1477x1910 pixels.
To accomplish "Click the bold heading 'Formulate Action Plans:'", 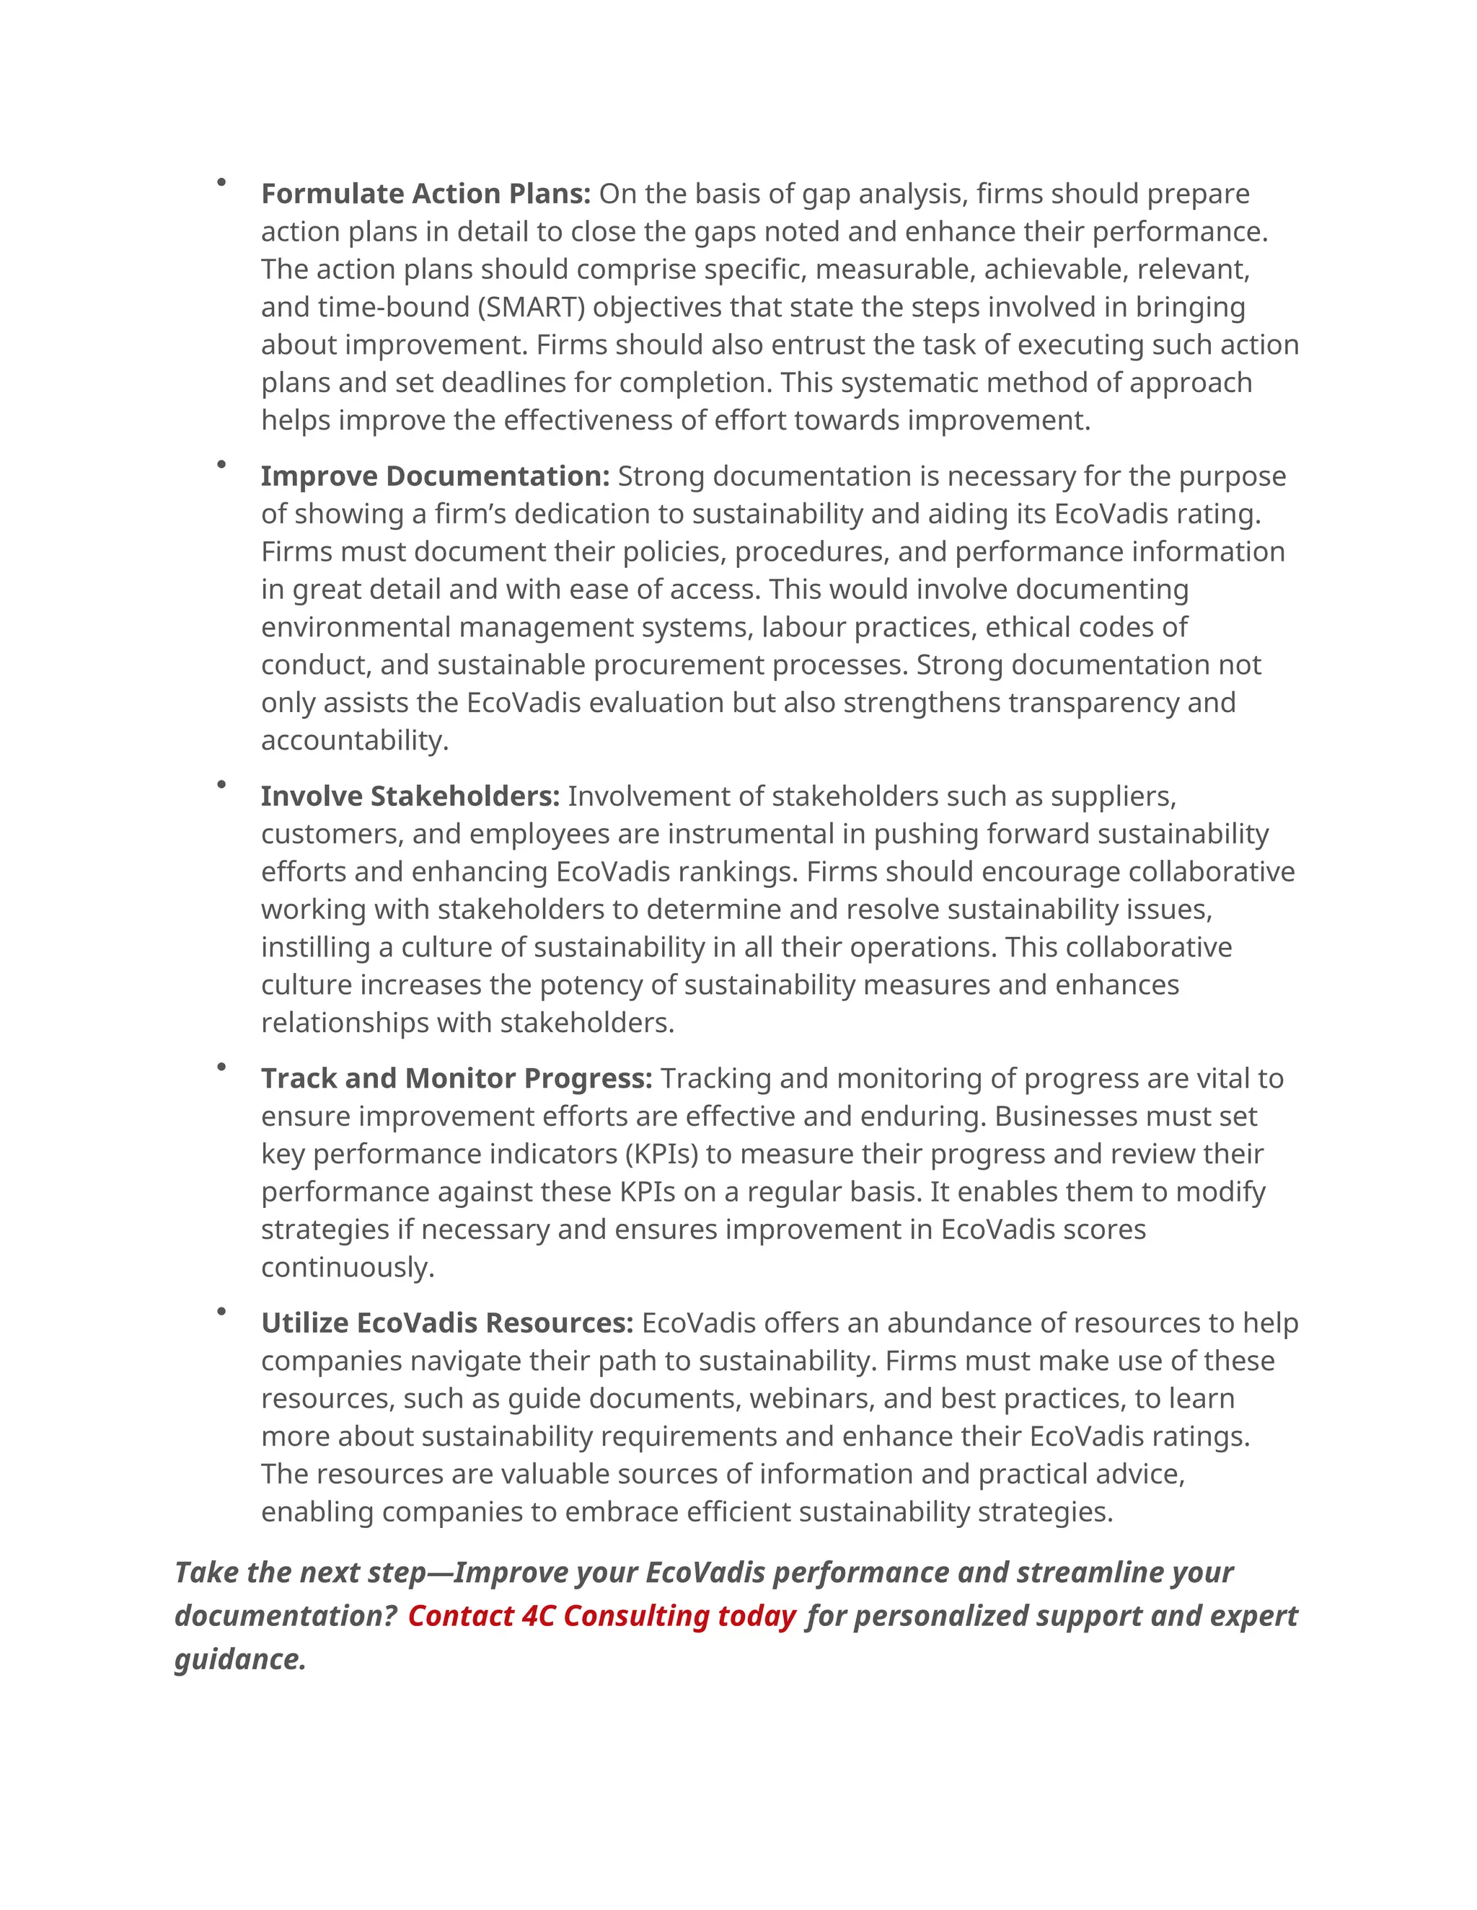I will tap(426, 193).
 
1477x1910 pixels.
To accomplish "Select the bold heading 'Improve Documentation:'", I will tap(435, 476).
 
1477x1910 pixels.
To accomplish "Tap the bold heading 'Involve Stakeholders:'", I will tap(410, 796).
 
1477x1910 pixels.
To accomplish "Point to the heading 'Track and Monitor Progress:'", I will tap(456, 1078).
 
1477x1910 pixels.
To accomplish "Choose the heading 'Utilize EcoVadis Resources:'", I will tap(446, 1323).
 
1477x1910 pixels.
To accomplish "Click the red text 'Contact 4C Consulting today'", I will tap(601, 1615).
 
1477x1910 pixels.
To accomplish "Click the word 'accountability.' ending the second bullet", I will tap(354, 741).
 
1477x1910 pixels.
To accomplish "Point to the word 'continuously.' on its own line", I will tap(348, 1267).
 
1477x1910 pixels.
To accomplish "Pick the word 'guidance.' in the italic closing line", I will tap(241, 1659).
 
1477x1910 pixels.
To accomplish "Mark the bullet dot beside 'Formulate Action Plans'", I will tap(221, 182).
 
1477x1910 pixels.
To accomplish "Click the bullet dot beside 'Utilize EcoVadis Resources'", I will tap(221, 1311).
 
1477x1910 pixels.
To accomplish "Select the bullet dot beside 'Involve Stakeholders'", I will tap(221, 784).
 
